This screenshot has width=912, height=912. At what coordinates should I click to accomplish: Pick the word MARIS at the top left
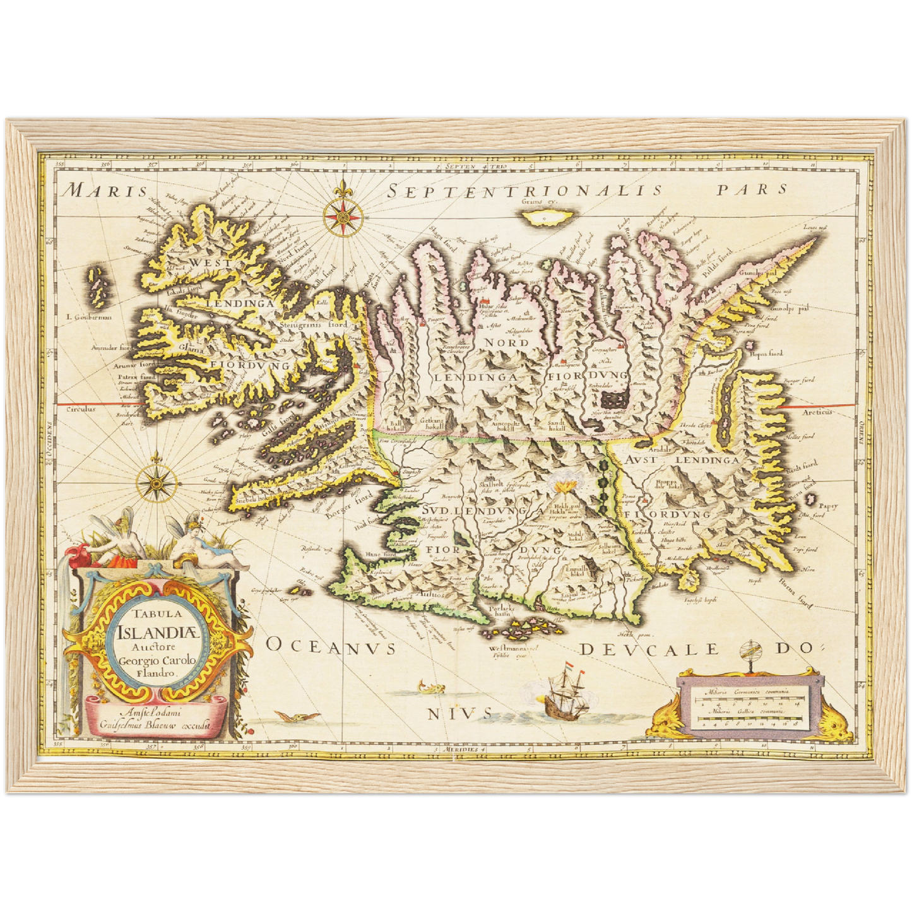(x=107, y=190)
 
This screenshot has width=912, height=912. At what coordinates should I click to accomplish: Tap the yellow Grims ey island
(x=547, y=218)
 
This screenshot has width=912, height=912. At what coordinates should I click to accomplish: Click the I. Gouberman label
(x=88, y=317)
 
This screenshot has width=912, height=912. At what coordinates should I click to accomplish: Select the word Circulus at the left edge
(x=81, y=409)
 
